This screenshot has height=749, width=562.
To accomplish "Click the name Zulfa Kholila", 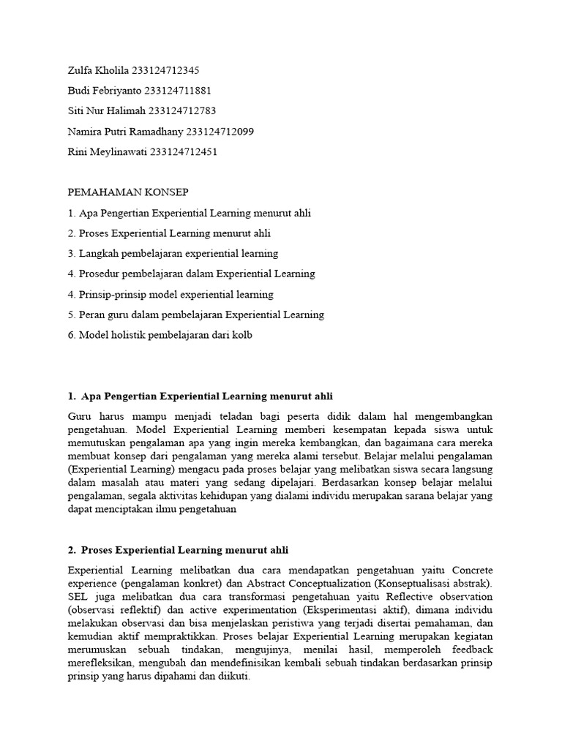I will point(97,71).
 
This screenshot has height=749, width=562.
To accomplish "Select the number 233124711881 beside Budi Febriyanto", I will point(178,91).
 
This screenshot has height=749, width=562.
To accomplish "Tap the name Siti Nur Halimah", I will point(106,111).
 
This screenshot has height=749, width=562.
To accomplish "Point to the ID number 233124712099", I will point(220,132).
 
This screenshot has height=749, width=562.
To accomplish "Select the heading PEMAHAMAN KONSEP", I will point(128,192).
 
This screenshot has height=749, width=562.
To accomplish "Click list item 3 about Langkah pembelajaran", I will point(173,254).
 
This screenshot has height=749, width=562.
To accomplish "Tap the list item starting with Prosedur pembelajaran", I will point(191,274).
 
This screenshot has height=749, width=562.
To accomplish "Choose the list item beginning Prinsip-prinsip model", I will point(170,295).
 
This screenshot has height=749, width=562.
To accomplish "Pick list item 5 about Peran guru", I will point(195,315).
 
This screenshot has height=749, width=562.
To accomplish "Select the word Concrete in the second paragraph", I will point(473,569).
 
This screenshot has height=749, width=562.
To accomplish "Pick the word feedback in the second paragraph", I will point(472,650).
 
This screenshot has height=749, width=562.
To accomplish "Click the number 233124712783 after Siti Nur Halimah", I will point(182,111).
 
